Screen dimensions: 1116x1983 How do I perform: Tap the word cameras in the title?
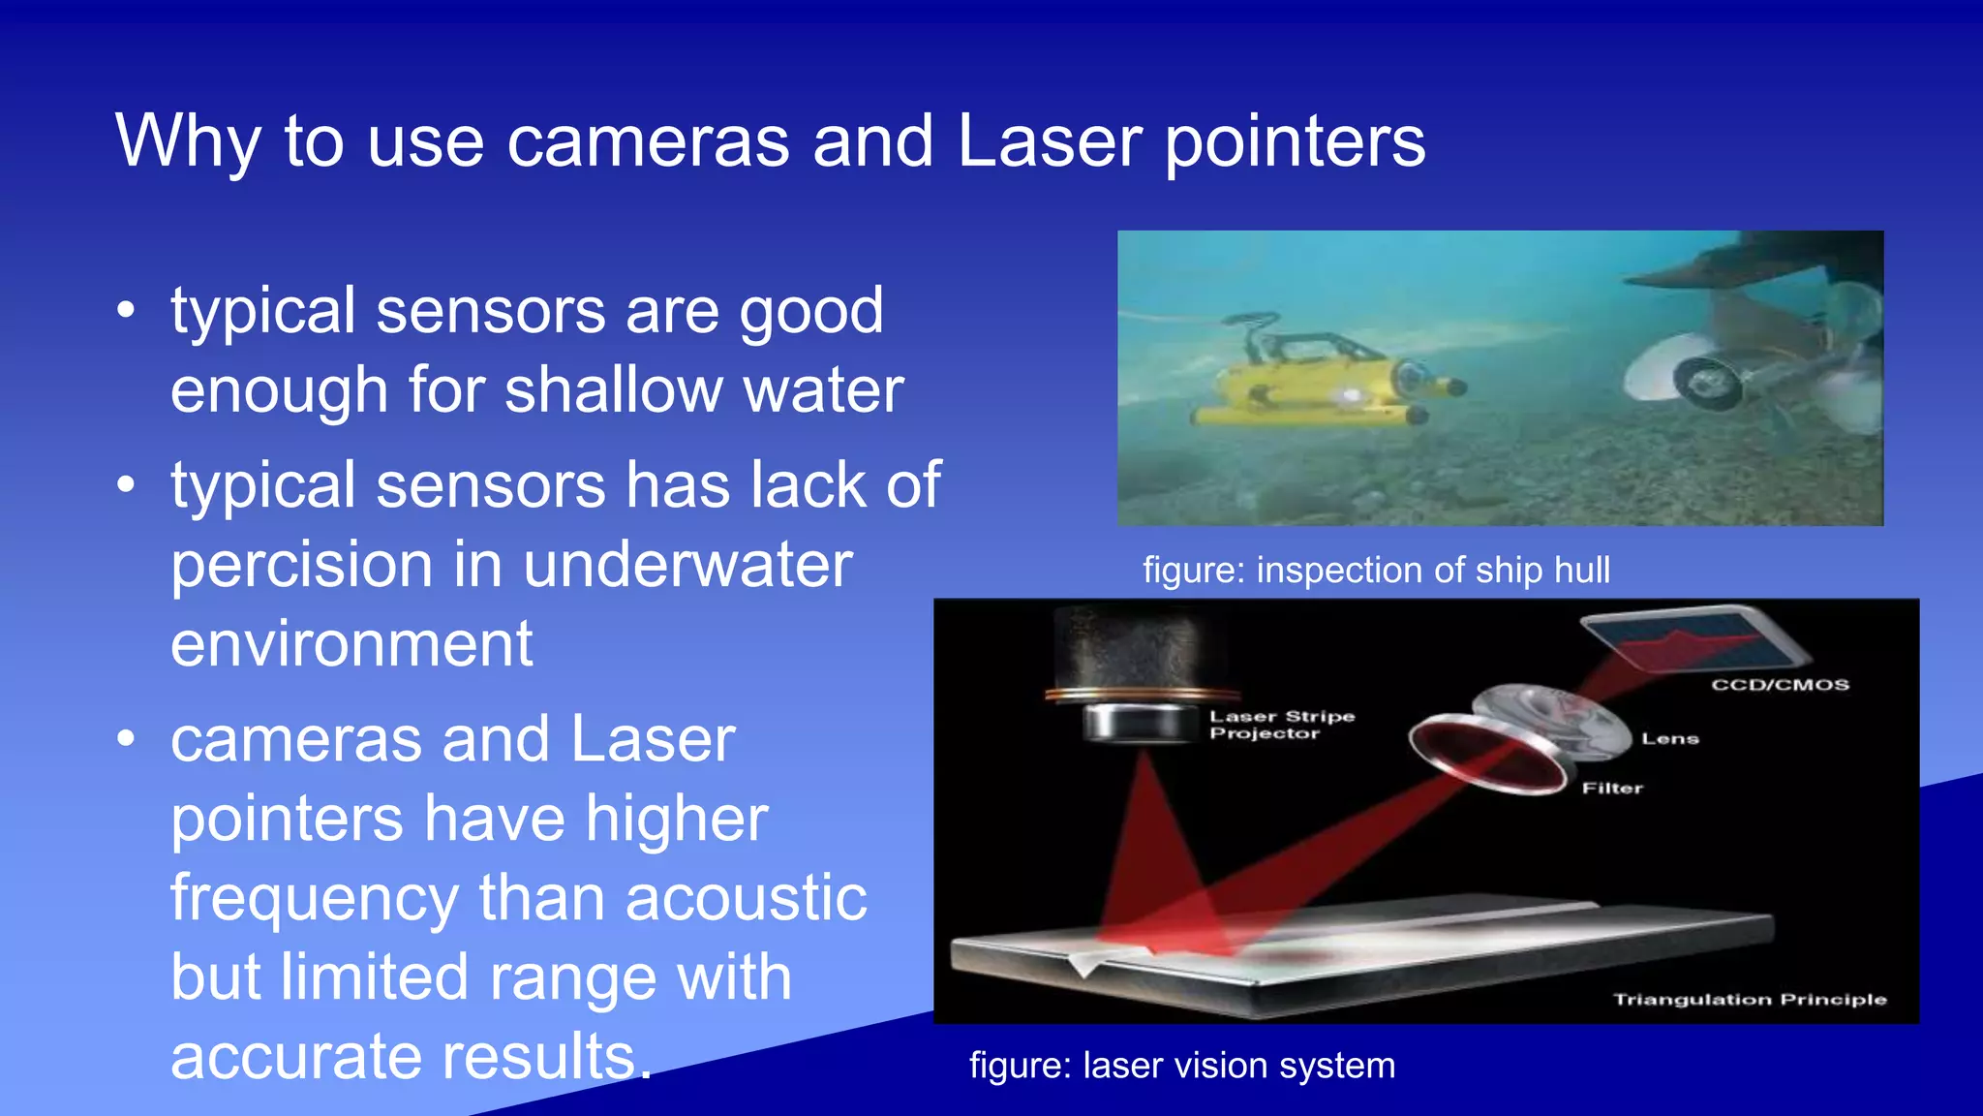[648, 141]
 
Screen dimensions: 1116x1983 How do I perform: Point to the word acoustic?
[746, 897]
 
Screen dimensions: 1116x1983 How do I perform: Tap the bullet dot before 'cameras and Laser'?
[126, 739]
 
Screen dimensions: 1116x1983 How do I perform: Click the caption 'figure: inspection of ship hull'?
[1376, 570]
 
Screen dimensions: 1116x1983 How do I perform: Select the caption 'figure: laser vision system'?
[1182, 1065]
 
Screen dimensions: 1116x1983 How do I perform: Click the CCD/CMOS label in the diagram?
[1780, 685]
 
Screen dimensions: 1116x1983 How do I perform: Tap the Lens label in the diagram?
[1670, 738]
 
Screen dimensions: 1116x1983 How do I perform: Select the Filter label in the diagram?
[1612, 788]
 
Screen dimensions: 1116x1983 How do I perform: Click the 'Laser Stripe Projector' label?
[1281, 725]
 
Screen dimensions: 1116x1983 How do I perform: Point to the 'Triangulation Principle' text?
[1750, 999]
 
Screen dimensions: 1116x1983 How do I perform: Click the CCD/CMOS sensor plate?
[1694, 639]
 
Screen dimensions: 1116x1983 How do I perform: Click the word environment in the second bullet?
[351, 644]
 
